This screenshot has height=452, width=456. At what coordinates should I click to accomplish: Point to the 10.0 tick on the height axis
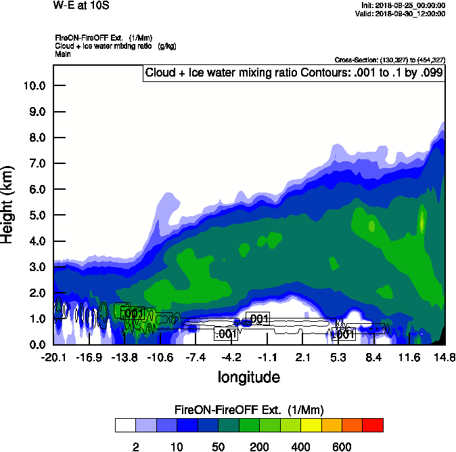click(34, 86)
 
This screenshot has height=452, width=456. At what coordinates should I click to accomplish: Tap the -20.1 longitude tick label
click(53, 357)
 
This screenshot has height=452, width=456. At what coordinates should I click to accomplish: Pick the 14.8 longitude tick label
click(444, 357)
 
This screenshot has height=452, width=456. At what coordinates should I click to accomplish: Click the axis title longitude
click(248, 377)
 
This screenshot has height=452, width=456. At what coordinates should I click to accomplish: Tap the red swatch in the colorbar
click(372, 426)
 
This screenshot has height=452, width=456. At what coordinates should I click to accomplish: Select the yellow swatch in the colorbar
click(311, 426)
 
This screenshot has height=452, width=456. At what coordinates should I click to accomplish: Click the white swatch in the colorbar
click(125, 426)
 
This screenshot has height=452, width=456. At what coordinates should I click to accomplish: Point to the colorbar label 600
click(342, 447)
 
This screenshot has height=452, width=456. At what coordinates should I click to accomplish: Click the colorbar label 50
click(219, 447)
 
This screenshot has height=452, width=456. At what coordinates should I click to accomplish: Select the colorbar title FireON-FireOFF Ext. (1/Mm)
click(249, 409)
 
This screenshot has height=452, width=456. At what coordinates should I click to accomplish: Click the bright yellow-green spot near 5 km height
click(422, 221)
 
